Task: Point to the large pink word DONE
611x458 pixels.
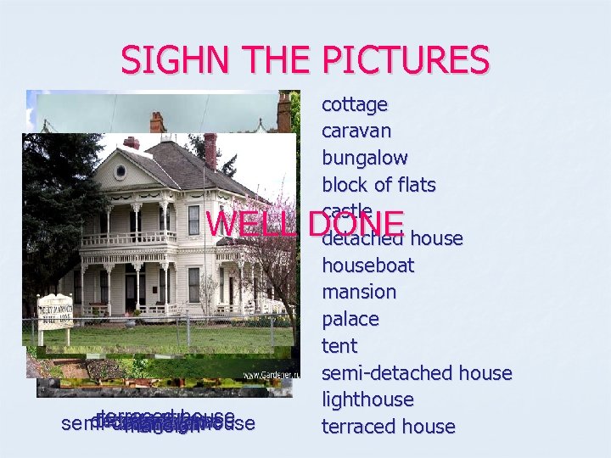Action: click(x=356, y=224)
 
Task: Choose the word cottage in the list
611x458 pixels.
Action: click(x=355, y=104)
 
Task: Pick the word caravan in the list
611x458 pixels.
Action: click(x=356, y=131)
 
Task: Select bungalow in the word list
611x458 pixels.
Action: click(x=365, y=158)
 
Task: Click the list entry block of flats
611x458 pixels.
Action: click(x=378, y=185)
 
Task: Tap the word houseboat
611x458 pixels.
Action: click(x=368, y=265)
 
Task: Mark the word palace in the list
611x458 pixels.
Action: click(x=350, y=319)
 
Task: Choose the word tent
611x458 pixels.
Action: click(x=339, y=346)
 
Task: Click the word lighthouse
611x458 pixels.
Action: click(x=367, y=399)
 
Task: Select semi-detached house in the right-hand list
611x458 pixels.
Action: click(x=417, y=373)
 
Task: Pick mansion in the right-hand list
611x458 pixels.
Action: click(x=359, y=292)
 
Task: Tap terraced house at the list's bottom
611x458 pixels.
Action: click(x=389, y=427)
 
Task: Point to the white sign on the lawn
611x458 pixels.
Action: click(x=55, y=311)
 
